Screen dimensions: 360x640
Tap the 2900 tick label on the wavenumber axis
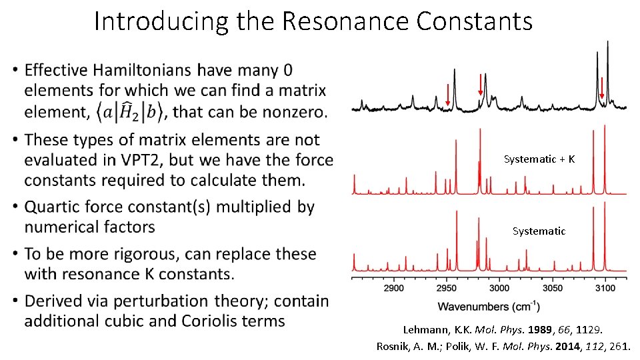[x=394, y=288]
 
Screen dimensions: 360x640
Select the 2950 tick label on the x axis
[x=447, y=288]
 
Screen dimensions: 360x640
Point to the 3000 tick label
[x=499, y=288]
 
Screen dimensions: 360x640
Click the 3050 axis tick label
[x=552, y=288]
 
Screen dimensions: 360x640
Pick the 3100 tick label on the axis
[x=605, y=288]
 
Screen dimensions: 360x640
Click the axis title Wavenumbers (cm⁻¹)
[x=489, y=307]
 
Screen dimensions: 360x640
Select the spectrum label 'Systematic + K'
[x=539, y=159]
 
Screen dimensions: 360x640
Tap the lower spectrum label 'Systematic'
[x=539, y=231]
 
